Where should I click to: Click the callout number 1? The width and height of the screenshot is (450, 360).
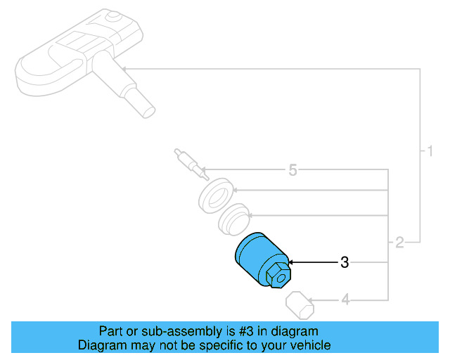[430, 151]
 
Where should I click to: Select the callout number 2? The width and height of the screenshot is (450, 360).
[399, 243]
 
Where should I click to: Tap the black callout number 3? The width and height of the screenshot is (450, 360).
[345, 262]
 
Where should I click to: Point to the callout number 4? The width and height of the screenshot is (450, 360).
[345, 300]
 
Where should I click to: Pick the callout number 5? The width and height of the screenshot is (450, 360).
[292, 170]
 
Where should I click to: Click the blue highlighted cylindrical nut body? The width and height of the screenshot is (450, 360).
[258, 257]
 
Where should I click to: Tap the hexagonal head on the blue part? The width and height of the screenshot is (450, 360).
[278, 276]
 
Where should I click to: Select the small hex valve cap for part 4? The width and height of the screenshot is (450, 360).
[300, 305]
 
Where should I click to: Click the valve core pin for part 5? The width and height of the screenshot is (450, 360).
[191, 165]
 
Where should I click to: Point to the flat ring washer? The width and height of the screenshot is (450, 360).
[216, 195]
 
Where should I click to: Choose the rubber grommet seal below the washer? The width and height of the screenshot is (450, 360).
[233, 219]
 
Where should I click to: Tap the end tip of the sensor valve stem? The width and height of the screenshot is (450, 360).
[150, 112]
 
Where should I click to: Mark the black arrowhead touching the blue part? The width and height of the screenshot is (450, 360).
[290, 262]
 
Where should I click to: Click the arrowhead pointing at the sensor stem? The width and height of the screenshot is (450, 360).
[124, 69]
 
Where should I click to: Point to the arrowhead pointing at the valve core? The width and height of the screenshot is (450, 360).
[204, 169]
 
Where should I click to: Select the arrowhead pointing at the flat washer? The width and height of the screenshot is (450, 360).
[235, 190]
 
